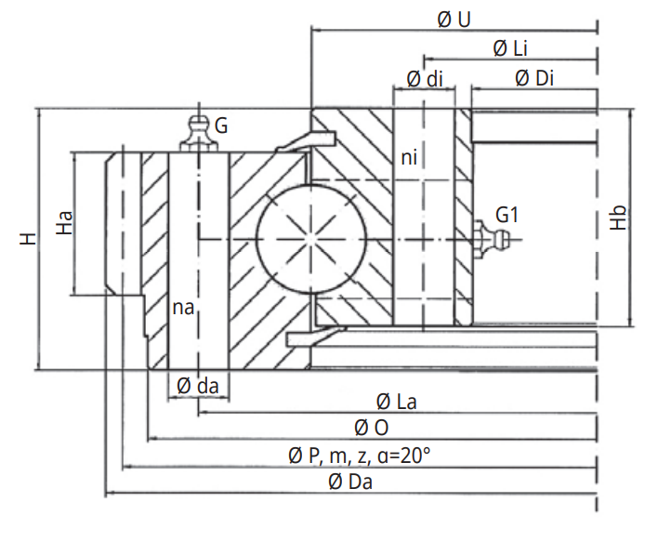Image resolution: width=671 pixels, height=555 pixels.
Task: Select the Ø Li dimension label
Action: click(510, 47)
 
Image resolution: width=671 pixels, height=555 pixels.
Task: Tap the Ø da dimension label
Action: click(197, 385)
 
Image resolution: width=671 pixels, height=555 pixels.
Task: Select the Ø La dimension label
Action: click(396, 402)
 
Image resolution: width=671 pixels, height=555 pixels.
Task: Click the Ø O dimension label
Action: click(371, 428)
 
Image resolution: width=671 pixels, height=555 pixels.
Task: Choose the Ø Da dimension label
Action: click(350, 481)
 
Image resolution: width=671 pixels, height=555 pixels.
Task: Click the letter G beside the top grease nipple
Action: click(221, 124)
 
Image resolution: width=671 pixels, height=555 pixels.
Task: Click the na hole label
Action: click(183, 307)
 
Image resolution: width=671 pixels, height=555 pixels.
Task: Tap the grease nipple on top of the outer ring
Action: click(195, 132)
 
